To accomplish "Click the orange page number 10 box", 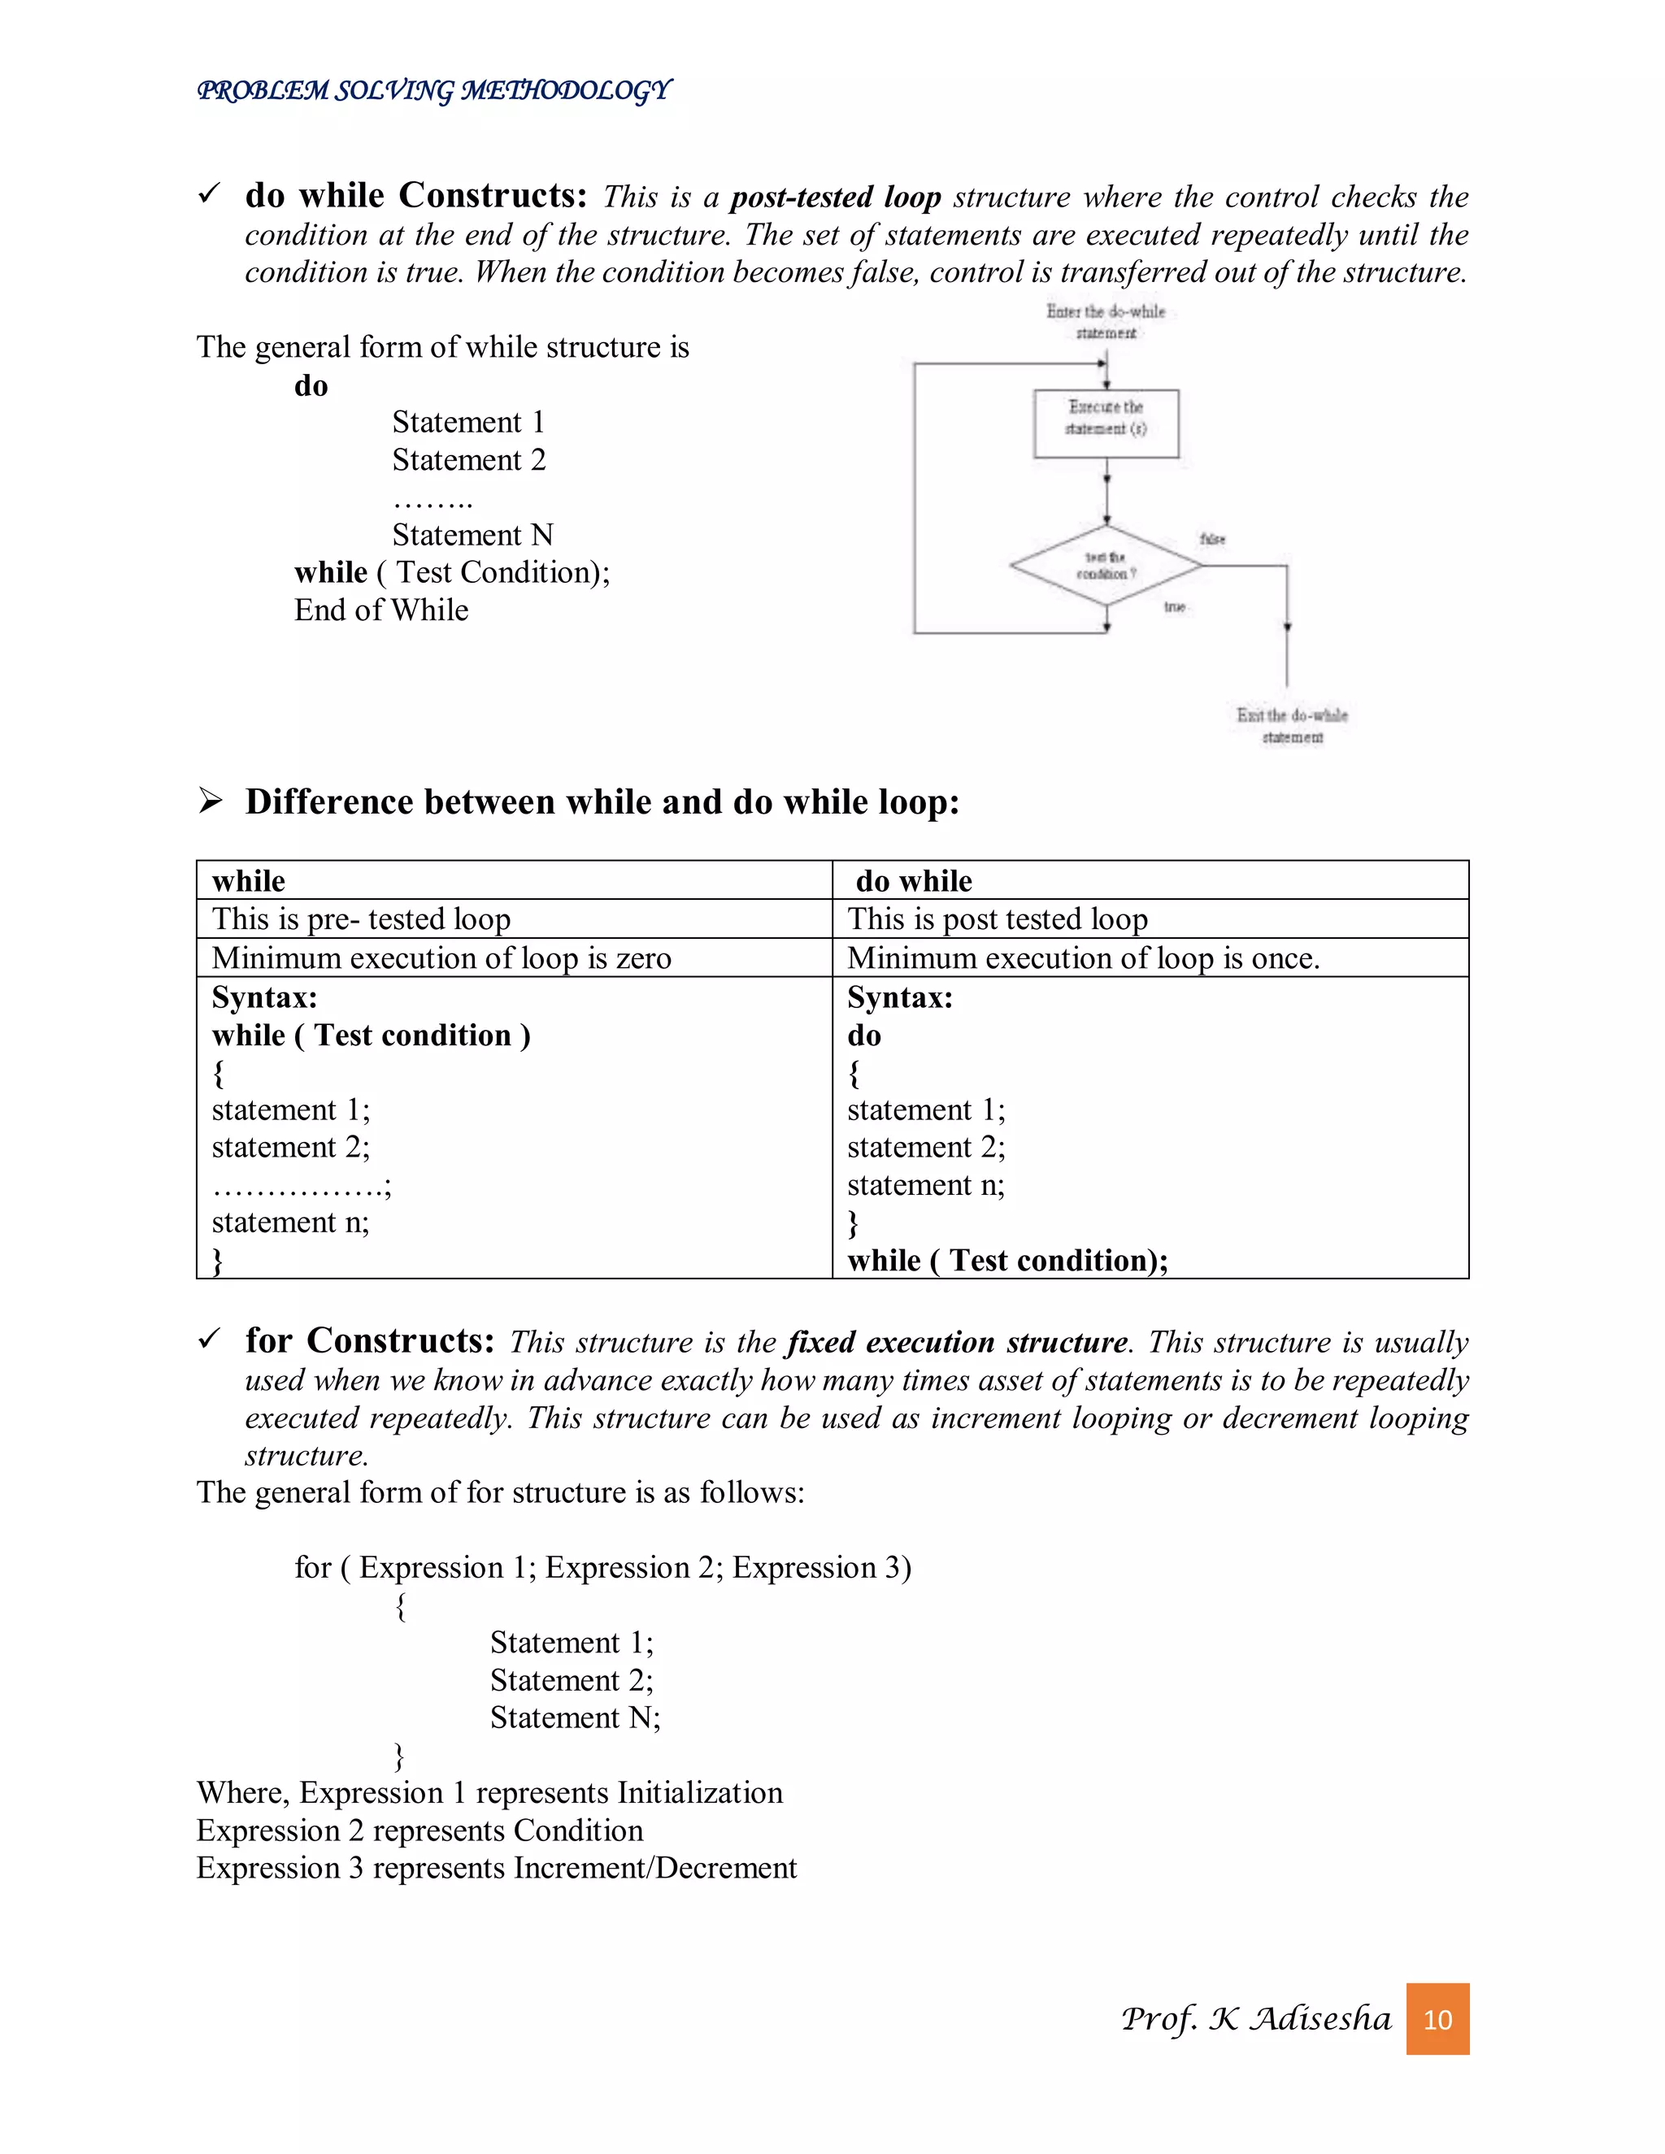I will pos(1437,2019).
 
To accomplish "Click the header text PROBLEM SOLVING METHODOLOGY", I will pos(434,91).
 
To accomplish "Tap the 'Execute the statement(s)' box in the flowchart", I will pos(1106,423).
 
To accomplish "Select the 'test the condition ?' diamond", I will pos(1106,566).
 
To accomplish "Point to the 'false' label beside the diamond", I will pos(1212,538).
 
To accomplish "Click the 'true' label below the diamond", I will pos(1174,606).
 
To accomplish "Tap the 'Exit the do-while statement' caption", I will pos(1291,726).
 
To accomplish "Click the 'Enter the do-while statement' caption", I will pos(1106,322).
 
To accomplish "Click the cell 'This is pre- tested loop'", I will pos(361,919).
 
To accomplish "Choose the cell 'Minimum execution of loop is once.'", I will pos(1083,958).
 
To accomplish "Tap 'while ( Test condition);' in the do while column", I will pos(1007,1261).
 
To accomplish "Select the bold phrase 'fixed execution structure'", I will pos(957,1342).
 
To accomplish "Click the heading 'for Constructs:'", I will pos(370,1340).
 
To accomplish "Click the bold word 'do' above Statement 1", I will pos(311,385).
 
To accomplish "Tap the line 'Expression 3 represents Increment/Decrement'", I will pos(496,1868).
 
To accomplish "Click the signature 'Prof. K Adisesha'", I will pos(1255,2018).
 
